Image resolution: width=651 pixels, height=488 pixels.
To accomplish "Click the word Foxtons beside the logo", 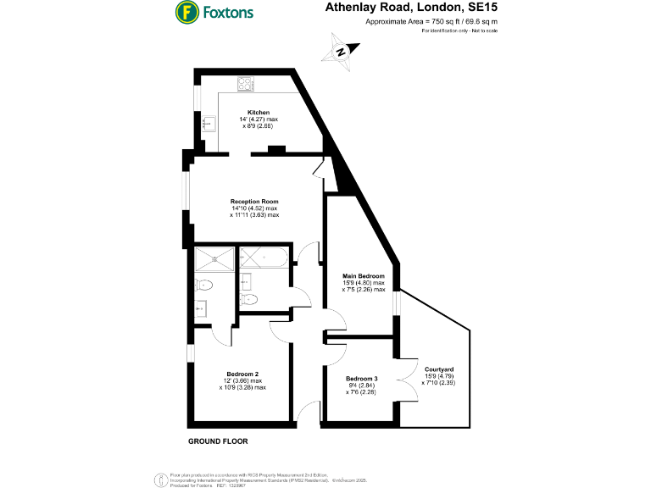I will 227,13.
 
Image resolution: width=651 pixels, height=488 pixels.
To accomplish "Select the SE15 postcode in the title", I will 481,8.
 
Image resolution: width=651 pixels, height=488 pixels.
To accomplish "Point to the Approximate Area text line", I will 431,20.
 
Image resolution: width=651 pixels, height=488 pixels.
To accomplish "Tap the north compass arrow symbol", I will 341,51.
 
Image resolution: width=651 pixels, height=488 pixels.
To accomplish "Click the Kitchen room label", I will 259,113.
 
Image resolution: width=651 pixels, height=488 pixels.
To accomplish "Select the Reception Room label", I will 254,202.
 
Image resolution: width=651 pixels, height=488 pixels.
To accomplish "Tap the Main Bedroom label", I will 364,276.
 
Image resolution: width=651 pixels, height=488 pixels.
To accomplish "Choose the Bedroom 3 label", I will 362,378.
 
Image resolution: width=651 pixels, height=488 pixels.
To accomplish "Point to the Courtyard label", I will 440,369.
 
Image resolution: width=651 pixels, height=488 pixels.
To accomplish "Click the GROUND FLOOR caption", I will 218,442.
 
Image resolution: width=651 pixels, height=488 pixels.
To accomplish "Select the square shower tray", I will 214,258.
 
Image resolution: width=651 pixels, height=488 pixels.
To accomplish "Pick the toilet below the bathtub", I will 249,299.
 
